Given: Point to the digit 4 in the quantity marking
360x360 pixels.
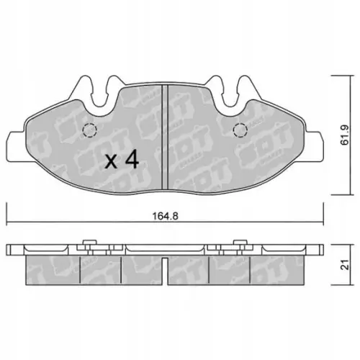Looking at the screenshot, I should point(131,161).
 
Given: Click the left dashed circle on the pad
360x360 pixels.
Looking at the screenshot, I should point(90,130).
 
